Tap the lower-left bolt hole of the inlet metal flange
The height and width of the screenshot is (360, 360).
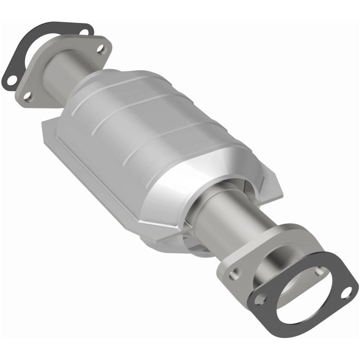click(x=27, y=96)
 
